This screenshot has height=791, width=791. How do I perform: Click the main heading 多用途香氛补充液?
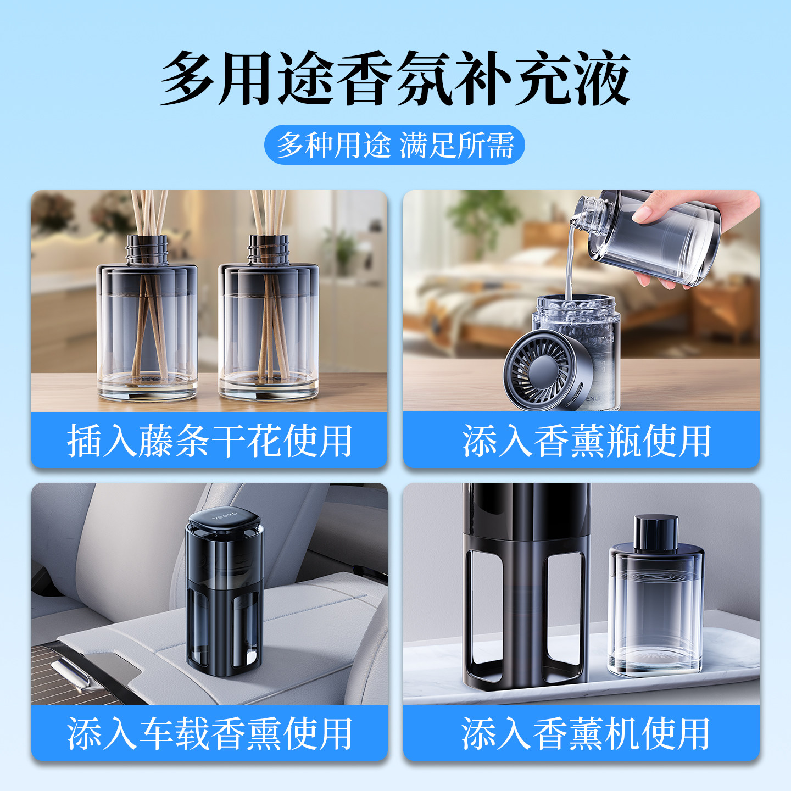tap(395, 78)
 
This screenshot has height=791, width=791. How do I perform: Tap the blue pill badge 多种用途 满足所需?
tap(394, 145)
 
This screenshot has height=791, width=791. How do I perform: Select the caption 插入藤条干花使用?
tap(209, 441)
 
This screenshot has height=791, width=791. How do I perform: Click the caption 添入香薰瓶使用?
tap(587, 441)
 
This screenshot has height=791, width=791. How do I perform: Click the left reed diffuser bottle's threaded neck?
tap(147, 249)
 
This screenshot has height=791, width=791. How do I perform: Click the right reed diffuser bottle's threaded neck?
tap(269, 249)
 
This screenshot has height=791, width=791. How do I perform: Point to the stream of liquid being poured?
tap(570, 263)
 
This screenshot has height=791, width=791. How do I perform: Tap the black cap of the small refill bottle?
tap(656, 532)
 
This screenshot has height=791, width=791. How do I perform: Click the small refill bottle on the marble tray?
tap(655, 596)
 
